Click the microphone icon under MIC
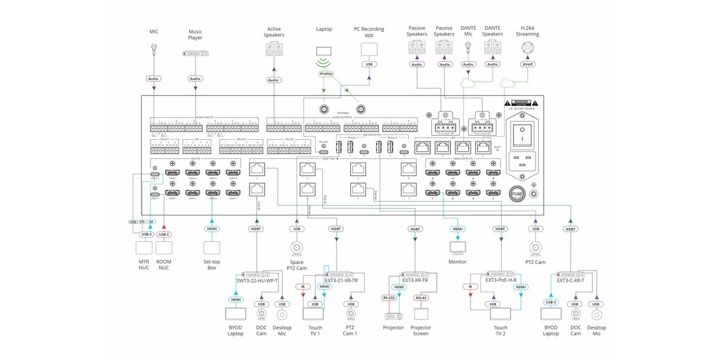154,50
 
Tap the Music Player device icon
195,53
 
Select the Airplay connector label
326,74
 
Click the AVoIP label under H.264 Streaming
527,64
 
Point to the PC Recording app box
369,49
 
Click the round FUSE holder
517,194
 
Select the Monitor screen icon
458,247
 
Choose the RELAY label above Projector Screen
421,297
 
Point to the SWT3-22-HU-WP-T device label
257,280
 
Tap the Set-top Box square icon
212,248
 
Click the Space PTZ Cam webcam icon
296,248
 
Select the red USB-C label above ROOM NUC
164,235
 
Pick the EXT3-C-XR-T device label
571,280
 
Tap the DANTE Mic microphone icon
468,50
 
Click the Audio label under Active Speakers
274,80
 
